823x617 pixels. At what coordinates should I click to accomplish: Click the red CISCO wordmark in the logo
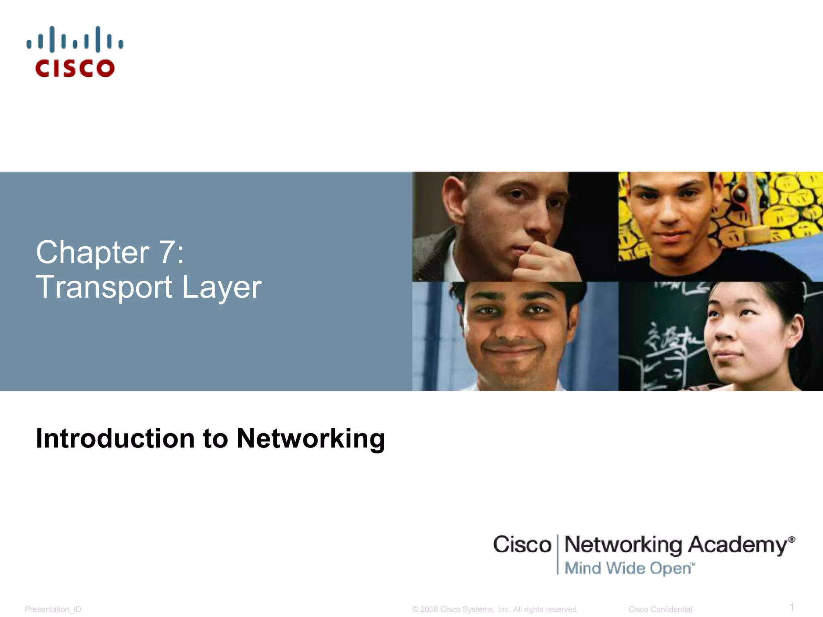pos(75,68)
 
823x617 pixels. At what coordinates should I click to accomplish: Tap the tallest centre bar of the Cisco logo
pos(75,39)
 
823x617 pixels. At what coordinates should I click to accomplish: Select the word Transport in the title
pos(104,287)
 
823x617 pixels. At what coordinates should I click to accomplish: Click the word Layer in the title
pos(221,288)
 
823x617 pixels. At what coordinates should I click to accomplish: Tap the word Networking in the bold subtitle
pos(311,439)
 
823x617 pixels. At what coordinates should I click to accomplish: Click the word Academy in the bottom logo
pos(737,545)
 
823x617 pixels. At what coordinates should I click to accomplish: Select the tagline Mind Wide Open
pos(629,568)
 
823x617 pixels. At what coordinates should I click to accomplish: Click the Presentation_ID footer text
pos(53,609)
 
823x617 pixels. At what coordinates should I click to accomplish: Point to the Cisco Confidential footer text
pos(660,609)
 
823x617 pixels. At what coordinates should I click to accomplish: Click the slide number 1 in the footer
pos(792,607)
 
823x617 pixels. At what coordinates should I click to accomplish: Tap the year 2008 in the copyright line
pos(429,609)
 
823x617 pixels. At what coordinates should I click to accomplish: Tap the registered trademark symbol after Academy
pos(791,539)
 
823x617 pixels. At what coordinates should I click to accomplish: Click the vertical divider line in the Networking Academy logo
pos(557,554)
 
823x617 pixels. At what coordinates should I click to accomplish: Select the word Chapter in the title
pos(92,252)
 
